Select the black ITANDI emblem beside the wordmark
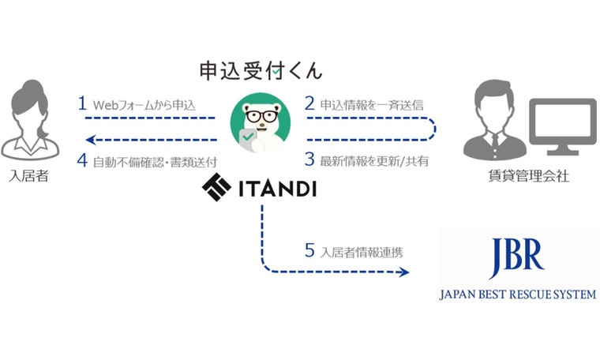coord(216,187)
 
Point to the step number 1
coord(81,103)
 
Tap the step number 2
coord(309,103)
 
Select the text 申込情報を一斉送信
coord(372,104)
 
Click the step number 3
coord(309,159)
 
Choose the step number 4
coord(81,159)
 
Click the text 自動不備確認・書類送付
coord(155,160)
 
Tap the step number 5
coord(309,251)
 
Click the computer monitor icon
coord(561,126)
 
